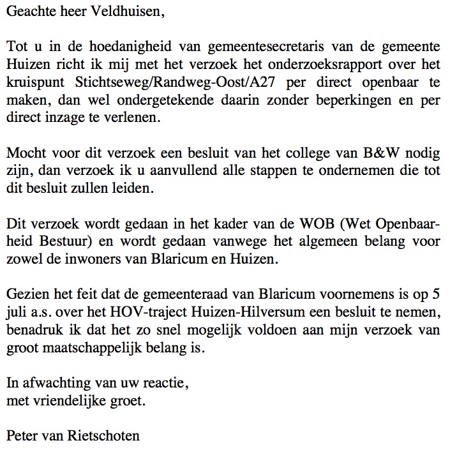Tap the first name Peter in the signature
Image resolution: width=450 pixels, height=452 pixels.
pos(20,437)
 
